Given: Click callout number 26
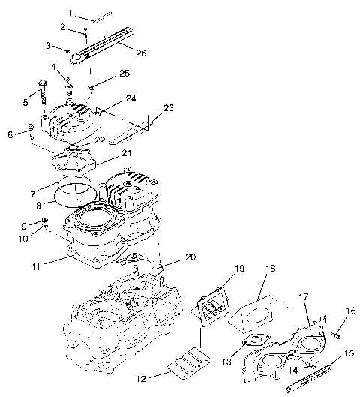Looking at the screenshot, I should [140, 52].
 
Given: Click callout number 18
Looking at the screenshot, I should [268, 268].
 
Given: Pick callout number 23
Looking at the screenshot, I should [169, 107].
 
